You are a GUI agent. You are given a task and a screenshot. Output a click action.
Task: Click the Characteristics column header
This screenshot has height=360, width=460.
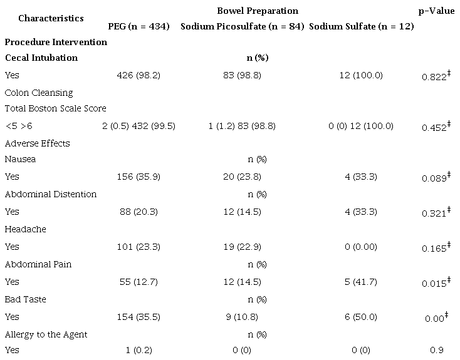click(x=51, y=18)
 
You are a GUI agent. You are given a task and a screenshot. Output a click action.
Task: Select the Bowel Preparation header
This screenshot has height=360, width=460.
click(x=258, y=11)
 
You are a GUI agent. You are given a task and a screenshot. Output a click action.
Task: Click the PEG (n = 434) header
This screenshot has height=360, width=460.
click(x=139, y=26)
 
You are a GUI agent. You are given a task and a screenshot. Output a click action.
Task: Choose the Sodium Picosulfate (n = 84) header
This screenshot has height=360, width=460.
click(x=243, y=26)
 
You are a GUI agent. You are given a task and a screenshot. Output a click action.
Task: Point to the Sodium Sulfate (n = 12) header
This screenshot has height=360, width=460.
click(x=362, y=26)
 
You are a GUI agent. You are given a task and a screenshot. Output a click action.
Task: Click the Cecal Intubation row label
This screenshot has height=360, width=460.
click(x=41, y=58)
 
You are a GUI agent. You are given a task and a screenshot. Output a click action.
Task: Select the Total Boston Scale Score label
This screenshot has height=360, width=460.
click(x=56, y=108)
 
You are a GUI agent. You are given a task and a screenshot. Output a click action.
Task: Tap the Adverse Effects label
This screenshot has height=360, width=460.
click(x=38, y=143)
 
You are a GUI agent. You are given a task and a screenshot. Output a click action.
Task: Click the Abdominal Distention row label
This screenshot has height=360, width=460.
click(x=51, y=194)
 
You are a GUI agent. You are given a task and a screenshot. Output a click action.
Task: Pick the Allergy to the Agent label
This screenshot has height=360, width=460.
click(x=46, y=334)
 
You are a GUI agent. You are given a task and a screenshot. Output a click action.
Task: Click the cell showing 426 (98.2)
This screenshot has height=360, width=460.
click(x=139, y=75)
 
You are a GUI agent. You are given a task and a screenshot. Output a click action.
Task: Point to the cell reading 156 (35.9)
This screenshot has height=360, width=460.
click(x=139, y=177)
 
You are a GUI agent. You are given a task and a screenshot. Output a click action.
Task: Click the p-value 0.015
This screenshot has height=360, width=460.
click(x=433, y=282)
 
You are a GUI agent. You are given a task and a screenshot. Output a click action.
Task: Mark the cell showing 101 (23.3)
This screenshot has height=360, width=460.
click(x=139, y=247)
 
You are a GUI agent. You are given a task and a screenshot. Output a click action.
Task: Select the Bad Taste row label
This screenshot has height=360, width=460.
click(x=26, y=299)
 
